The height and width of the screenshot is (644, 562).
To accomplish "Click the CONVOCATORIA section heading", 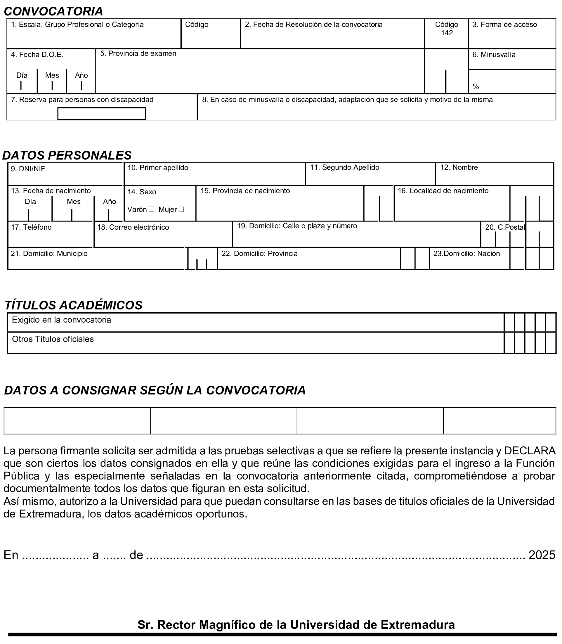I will click(53, 11).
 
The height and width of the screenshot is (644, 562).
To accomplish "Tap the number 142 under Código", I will click(447, 33).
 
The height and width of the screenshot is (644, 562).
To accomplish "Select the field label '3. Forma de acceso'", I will click(505, 25).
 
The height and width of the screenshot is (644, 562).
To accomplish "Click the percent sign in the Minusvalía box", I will click(476, 86).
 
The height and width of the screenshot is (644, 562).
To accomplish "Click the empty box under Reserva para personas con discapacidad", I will click(102, 114).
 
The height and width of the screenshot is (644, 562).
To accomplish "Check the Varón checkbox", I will click(152, 209).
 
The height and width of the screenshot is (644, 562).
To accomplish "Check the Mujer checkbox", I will click(181, 209).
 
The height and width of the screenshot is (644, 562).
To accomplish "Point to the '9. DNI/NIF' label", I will click(28, 169).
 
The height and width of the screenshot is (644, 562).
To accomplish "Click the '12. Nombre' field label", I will click(459, 167).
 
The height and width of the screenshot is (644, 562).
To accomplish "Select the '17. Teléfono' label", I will click(31, 227).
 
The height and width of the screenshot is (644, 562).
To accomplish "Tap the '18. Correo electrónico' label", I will click(133, 227).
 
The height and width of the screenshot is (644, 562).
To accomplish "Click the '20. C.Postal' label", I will click(505, 227).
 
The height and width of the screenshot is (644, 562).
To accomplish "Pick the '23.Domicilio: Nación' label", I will click(466, 253).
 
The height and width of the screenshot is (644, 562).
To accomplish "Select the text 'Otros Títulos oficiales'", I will click(53, 339).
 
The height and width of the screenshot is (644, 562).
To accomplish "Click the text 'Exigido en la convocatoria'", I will click(61, 320).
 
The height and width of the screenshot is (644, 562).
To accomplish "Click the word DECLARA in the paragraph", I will click(530, 451).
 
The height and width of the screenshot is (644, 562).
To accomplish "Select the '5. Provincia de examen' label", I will click(138, 54).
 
